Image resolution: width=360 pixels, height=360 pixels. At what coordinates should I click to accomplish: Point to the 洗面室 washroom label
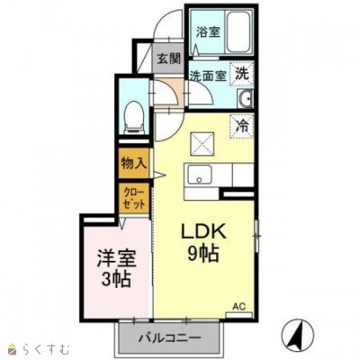coord(206,76)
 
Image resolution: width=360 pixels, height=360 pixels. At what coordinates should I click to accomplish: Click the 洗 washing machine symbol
coord(242,76)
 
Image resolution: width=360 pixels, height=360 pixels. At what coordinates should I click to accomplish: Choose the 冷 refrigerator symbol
coord(242,128)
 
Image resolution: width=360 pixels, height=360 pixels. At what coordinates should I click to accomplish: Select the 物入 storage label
coord(135,165)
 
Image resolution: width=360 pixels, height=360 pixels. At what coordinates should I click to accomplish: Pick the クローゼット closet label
coord(133,197)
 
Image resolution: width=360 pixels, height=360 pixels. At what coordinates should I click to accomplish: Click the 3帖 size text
coord(114,280)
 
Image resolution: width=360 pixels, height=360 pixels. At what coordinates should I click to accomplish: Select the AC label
coord(239,306)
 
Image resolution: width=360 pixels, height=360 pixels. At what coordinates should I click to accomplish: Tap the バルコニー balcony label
coord(169,340)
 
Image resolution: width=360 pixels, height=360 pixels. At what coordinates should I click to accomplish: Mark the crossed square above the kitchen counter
coord(201,141)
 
